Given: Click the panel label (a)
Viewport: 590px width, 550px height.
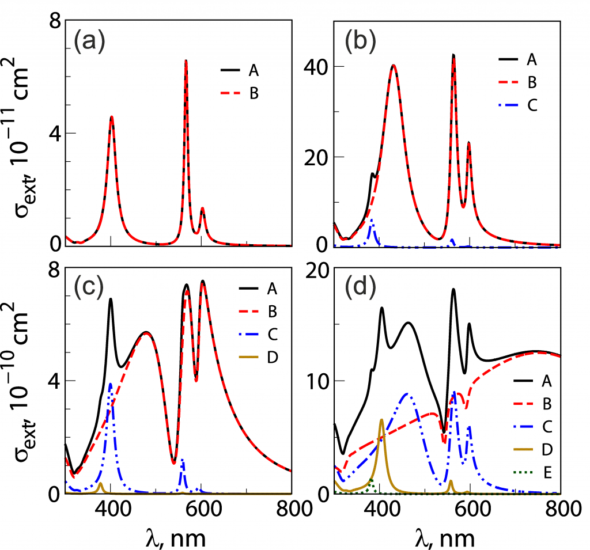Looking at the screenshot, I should click(x=89, y=43).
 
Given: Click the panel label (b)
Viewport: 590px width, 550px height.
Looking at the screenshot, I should click(x=360, y=41).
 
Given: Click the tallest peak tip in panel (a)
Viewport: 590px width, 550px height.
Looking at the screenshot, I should click(x=186, y=60).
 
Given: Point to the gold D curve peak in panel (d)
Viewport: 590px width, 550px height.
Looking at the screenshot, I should click(x=381, y=420).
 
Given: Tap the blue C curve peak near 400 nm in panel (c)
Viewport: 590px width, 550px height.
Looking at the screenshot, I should click(x=225, y=384).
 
